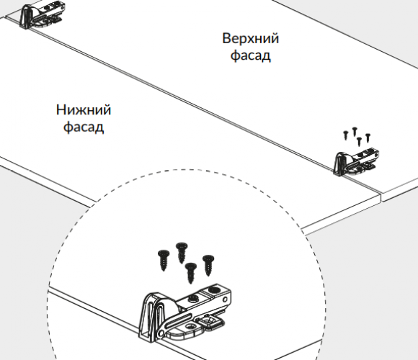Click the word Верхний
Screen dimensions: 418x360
point(250,38)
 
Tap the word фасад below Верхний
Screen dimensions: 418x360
point(250,55)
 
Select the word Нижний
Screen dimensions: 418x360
point(84,109)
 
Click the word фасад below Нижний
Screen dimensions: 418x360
point(84,127)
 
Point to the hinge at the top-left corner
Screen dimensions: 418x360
point(42,15)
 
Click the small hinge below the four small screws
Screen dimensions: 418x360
point(356,163)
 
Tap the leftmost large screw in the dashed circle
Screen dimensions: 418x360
point(164,260)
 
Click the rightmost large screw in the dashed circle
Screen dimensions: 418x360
point(208,265)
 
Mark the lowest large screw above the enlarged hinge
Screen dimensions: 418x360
point(190,273)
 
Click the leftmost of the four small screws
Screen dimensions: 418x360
point(346,135)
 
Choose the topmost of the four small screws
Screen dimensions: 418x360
point(355,131)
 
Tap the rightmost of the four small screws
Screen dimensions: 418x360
point(368,138)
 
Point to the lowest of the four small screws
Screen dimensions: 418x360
point(359,141)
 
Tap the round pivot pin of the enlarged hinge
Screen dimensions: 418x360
point(161,333)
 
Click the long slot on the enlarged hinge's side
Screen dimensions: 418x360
point(179,320)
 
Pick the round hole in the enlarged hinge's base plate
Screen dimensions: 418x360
point(191,326)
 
